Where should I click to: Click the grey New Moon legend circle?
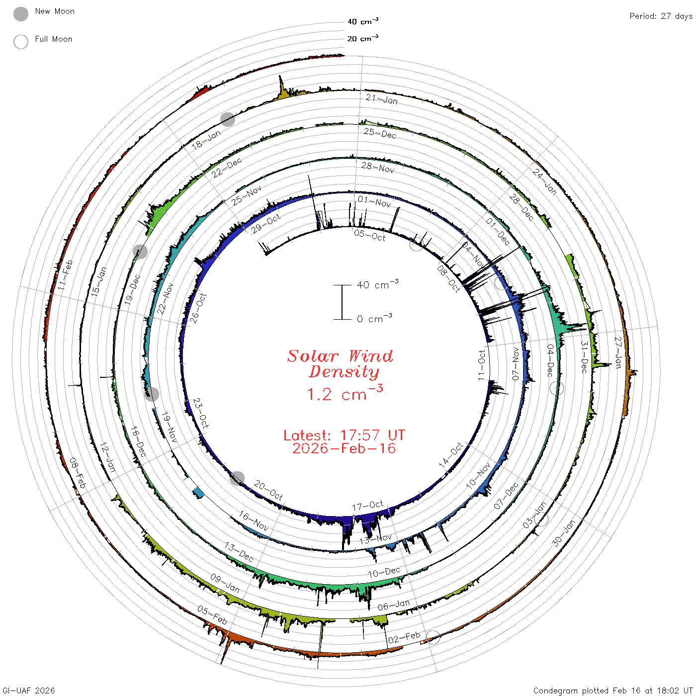tap(21, 14)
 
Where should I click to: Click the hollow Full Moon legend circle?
tap(21, 42)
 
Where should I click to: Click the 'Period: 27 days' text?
tap(661, 16)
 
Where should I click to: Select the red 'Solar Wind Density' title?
tap(340, 364)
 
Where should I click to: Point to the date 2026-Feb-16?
tap(344, 448)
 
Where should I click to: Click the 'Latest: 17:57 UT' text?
tap(344, 435)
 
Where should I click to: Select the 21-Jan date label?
tap(381, 99)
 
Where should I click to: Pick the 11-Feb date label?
tap(65, 275)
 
